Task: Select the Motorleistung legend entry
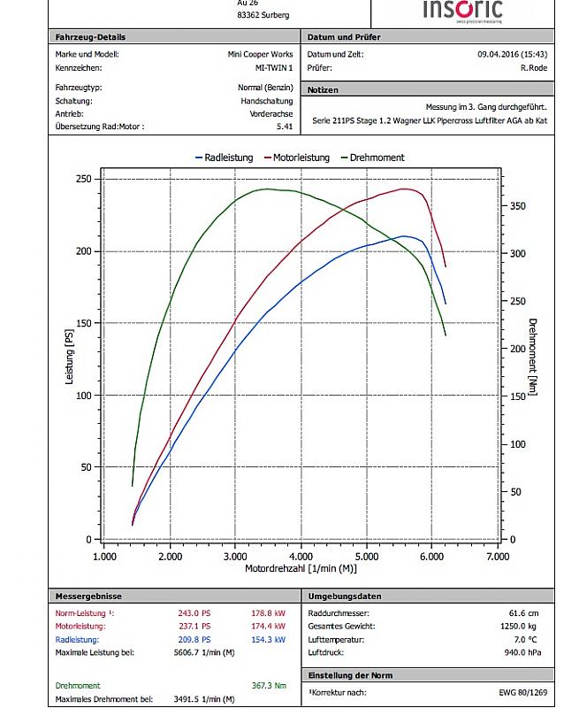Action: (295, 158)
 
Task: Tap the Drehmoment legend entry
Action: (370, 158)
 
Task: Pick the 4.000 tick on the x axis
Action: (301, 558)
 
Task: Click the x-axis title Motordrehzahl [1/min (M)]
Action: (301, 570)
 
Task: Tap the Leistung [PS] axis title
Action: (70, 358)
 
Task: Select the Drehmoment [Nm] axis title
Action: (533, 358)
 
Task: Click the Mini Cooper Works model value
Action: (261, 54)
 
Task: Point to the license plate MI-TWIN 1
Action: (274, 67)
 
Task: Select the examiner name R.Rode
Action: (536, 67)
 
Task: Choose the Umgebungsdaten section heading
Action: (345, 596)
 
